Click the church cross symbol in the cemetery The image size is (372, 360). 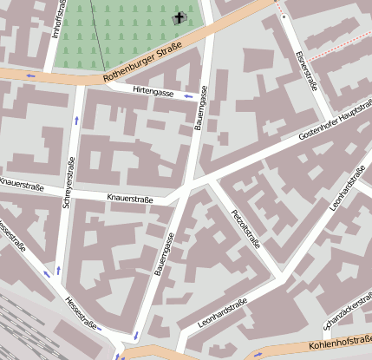click(x=180, y=18)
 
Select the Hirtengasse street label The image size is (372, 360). click(x=153, y=90)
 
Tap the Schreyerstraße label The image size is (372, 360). click(x=69, y=182)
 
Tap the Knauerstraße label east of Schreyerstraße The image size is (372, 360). click(x=129, y=199)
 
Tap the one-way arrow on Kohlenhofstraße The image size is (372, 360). click(x=257, y=355)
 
